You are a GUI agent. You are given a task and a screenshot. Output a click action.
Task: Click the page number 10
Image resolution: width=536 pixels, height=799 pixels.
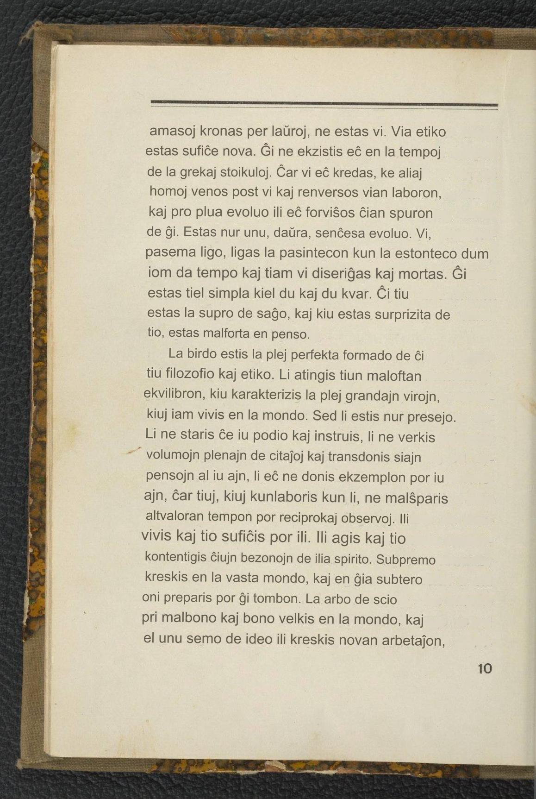pos(485,669)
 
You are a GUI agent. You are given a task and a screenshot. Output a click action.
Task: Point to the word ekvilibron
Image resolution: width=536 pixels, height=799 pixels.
pos(174,394)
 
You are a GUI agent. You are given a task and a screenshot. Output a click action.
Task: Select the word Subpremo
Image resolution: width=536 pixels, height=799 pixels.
pos(406,560)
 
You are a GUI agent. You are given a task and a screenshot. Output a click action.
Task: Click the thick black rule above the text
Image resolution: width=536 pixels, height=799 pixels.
pos(324,104)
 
